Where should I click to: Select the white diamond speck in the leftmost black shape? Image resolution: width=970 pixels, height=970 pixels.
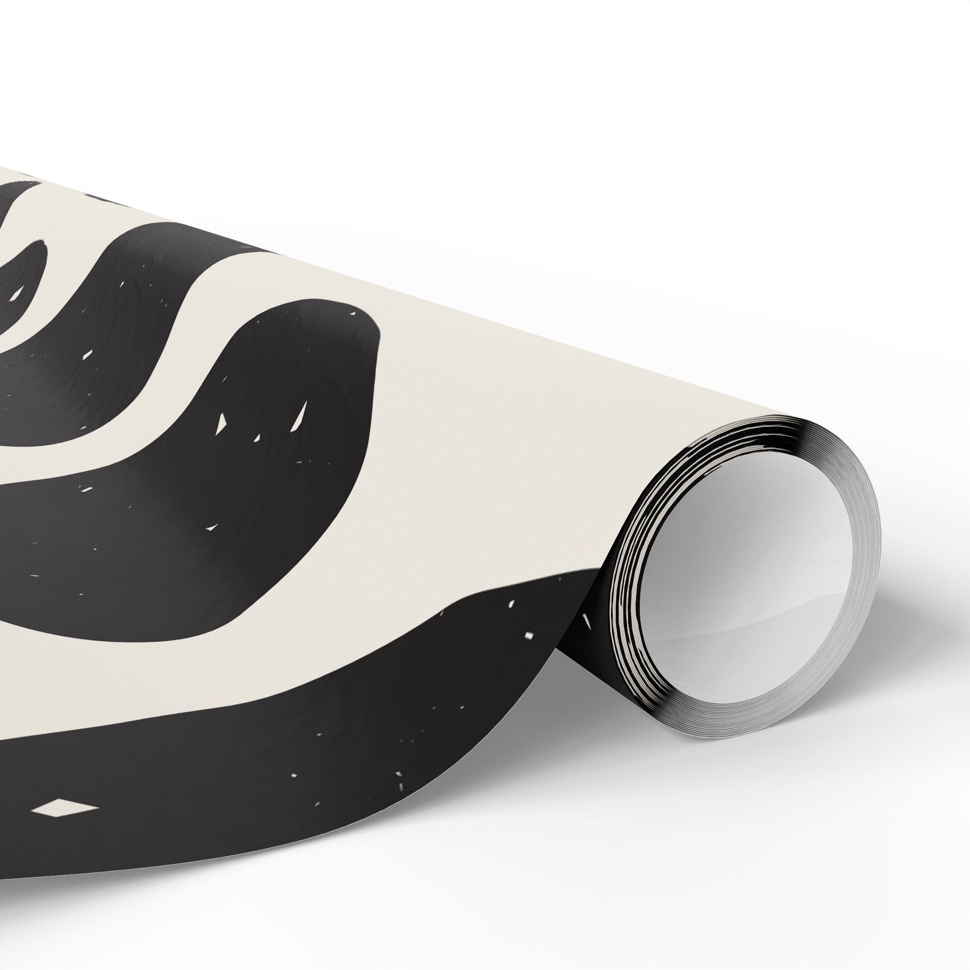click(19, 292)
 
